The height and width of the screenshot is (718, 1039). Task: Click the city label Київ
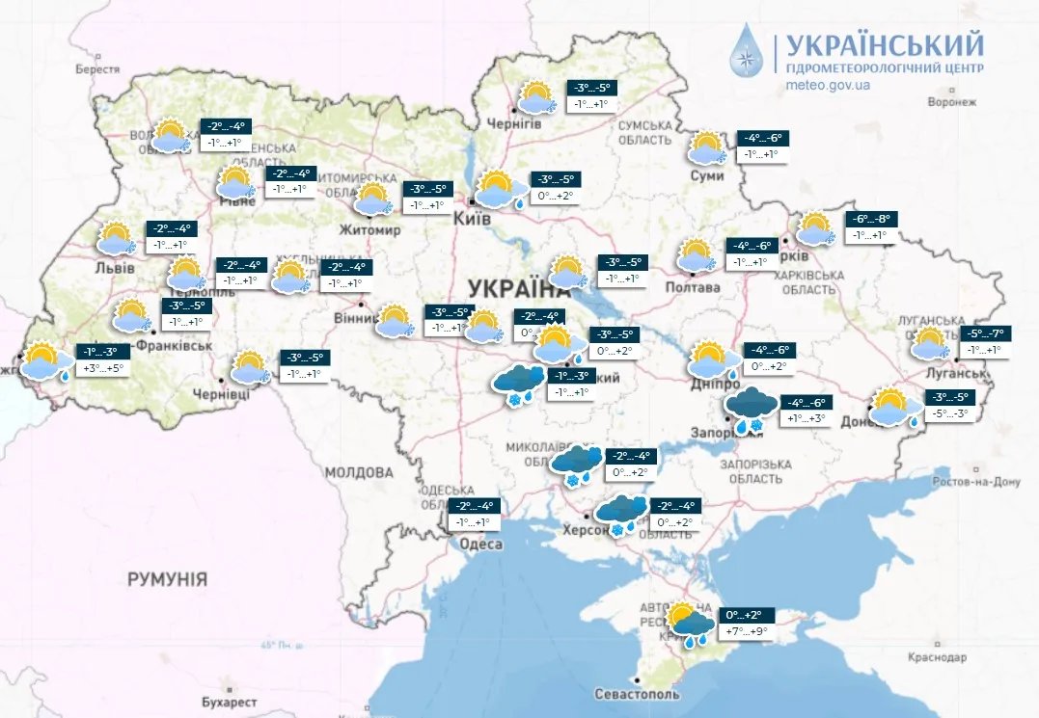[474, 220]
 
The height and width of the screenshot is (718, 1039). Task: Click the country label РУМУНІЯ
[167, 579]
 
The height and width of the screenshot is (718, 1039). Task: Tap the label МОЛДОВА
[359, 472]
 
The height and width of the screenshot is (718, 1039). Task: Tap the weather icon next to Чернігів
[536, 98]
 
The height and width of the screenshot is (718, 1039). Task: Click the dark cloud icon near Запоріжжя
[747, 409]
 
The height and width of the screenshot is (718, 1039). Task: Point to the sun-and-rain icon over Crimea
[690, 624]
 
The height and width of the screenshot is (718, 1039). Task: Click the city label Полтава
[694, 287]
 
